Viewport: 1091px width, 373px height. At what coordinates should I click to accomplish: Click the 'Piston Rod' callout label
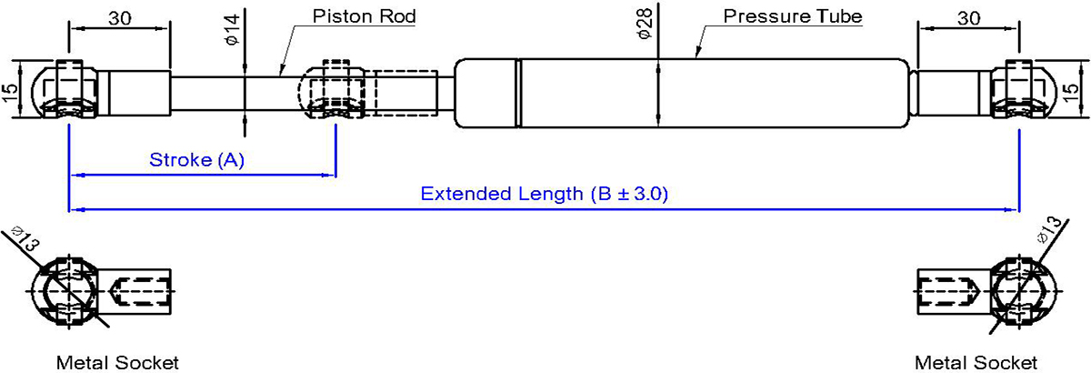click(364, 16)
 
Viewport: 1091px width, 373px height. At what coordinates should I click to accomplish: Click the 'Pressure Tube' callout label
click(793, 16)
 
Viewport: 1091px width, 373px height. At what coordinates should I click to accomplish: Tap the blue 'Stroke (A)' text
click(196, 160)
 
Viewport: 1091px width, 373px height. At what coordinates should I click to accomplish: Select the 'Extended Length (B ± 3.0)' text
click(544, 194)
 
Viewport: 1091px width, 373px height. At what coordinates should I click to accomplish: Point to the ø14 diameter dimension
click(233, 30)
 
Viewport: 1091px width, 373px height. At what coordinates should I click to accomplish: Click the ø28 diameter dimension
click(644, 25)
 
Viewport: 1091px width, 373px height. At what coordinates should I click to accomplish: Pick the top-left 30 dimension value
click(120, 18)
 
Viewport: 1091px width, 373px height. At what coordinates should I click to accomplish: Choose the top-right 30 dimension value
click(968, 18)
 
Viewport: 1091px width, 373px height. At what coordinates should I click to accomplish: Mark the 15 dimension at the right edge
click(1080, 93)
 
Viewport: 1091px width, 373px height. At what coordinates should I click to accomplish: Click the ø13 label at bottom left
click(25, 238)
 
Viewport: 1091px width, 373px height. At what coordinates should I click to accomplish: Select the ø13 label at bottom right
click(1048, 230)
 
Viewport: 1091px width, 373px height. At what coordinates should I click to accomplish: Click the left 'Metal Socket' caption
click(117, 363)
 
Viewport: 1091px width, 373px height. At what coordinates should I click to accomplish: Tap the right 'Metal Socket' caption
click(976, 363)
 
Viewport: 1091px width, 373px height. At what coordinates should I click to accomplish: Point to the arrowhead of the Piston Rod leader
click(281, 73)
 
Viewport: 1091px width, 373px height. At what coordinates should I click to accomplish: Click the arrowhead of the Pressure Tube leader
click(697, 53)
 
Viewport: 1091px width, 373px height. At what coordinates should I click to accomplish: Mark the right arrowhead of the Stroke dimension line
click(329, 175)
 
